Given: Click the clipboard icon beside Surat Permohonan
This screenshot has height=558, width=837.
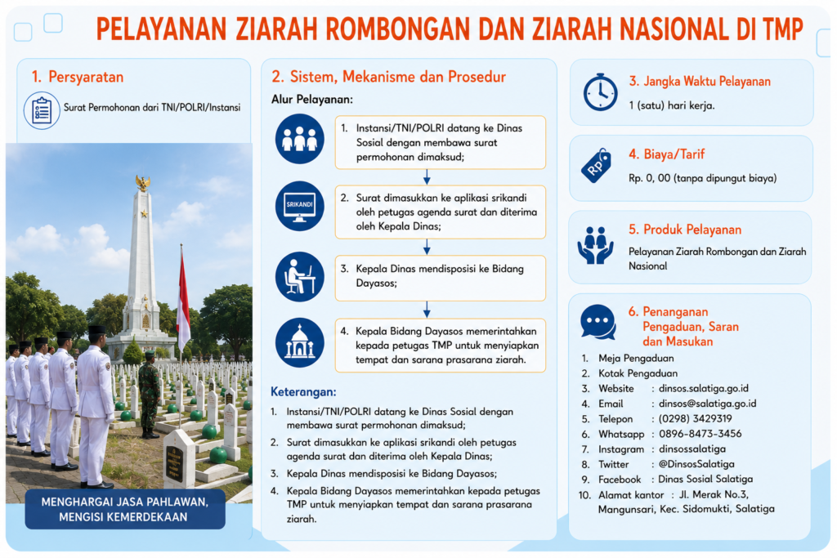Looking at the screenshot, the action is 42,110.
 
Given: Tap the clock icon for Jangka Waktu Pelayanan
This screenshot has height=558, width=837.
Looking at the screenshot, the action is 600,92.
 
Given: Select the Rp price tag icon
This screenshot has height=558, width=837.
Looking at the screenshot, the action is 596,165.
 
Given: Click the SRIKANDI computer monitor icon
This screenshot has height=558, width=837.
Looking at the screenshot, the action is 299,206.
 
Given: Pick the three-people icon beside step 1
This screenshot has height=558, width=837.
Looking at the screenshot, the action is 299,139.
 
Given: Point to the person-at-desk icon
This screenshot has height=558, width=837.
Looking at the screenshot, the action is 299,277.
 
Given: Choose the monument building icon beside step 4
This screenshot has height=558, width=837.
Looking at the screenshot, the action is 299,342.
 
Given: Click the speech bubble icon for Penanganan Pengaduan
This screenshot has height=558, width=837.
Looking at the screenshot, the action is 598,322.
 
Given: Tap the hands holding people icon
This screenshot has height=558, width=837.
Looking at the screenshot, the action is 595,244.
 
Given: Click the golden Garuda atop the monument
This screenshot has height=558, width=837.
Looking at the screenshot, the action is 142,182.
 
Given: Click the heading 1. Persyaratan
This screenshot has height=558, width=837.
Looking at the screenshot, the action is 78,77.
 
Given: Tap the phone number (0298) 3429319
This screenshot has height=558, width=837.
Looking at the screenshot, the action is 695,419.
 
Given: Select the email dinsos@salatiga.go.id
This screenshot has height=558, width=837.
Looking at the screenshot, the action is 707,404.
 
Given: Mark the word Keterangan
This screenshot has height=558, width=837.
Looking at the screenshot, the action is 303,392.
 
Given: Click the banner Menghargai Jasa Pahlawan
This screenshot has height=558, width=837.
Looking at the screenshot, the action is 125,510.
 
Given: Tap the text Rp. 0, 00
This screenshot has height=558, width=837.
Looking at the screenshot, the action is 649,178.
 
